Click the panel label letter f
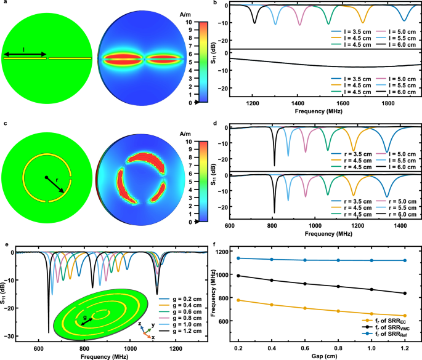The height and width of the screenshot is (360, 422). (213, 244)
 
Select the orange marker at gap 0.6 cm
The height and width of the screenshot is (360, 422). (304, 308)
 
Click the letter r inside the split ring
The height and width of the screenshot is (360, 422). (57, 184)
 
